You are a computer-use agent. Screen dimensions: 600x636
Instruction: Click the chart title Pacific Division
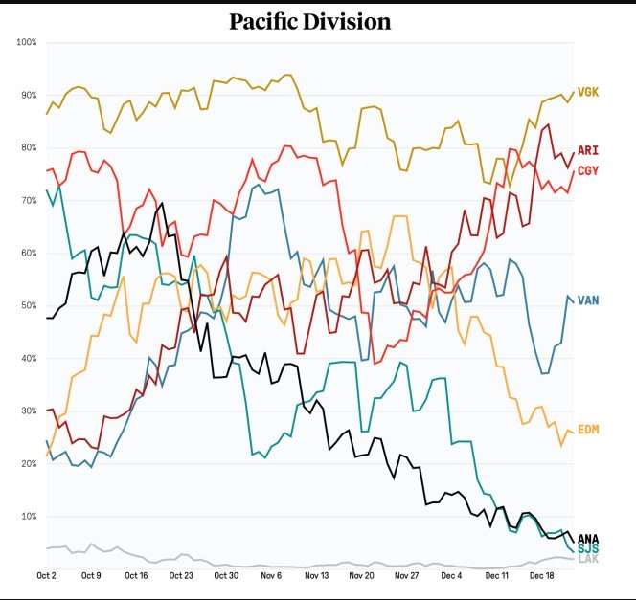click(309, 20)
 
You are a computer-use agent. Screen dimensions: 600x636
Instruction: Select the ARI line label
click(587, 151)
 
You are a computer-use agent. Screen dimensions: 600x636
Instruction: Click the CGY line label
click(588, 169)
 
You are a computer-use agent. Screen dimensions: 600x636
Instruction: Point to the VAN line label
click(588, 300)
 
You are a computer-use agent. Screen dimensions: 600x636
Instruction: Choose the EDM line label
click(588, 430)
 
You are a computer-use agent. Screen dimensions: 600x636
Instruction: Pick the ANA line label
click(588, 538)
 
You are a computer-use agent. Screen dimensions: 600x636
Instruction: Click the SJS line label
click(587, 548)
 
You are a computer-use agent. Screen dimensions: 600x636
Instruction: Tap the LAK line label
click(588, 558)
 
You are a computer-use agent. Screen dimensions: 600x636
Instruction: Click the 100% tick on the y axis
click(26, 43)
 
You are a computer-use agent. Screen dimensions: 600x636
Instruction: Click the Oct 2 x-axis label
click(47, 576)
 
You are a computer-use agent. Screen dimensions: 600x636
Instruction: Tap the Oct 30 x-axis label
click(227, 576)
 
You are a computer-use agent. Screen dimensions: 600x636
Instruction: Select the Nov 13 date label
click(316, 576)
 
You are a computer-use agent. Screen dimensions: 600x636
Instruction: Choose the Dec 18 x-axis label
click(542, 576)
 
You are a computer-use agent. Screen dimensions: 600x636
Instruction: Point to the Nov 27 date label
click(407, 576)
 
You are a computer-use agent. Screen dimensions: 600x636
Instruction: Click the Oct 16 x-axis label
click(137, 576)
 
